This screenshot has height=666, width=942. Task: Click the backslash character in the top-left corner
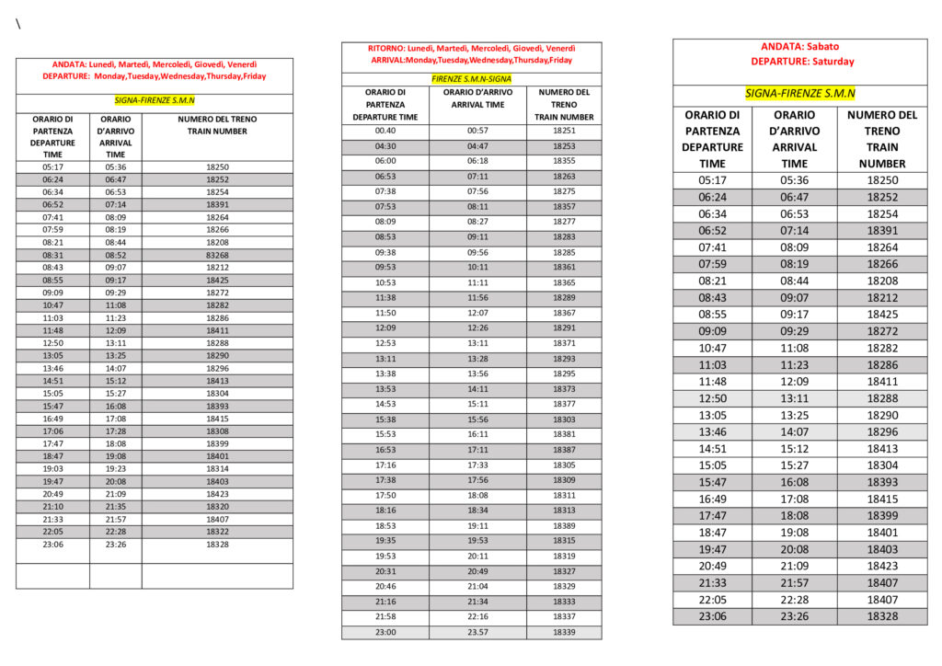coord(17,25)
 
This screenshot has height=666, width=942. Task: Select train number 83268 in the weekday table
coord(218,255)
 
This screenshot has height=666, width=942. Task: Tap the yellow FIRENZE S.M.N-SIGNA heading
coord(471,79)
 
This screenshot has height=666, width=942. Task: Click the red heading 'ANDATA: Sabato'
coord(799,46)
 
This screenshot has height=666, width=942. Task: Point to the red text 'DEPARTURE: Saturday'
coord(801,62)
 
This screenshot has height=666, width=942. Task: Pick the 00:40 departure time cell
coord(385,131)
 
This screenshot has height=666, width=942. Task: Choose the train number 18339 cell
coord(564,632)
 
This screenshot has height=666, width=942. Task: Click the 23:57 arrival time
coord(477,632)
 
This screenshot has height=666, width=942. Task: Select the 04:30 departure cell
coord(385,146)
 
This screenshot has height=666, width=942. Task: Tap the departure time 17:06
coord(52,431)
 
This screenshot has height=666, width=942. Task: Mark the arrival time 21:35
coord(116,506)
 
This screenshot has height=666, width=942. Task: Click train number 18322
coord(218,531)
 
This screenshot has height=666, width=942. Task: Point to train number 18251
coord(564,131)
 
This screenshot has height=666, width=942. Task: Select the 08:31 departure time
coord(52,255)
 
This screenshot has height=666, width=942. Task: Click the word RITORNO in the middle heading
coord(385,48)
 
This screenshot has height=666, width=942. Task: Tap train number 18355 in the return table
coord(564,160)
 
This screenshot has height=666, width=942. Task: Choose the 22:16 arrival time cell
coord(477,616)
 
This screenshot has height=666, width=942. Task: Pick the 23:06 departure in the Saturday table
coord(712,616)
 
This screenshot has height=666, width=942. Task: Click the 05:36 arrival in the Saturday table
coord(794,180)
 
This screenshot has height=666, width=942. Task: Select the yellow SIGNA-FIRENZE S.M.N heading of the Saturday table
coord(799,94)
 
